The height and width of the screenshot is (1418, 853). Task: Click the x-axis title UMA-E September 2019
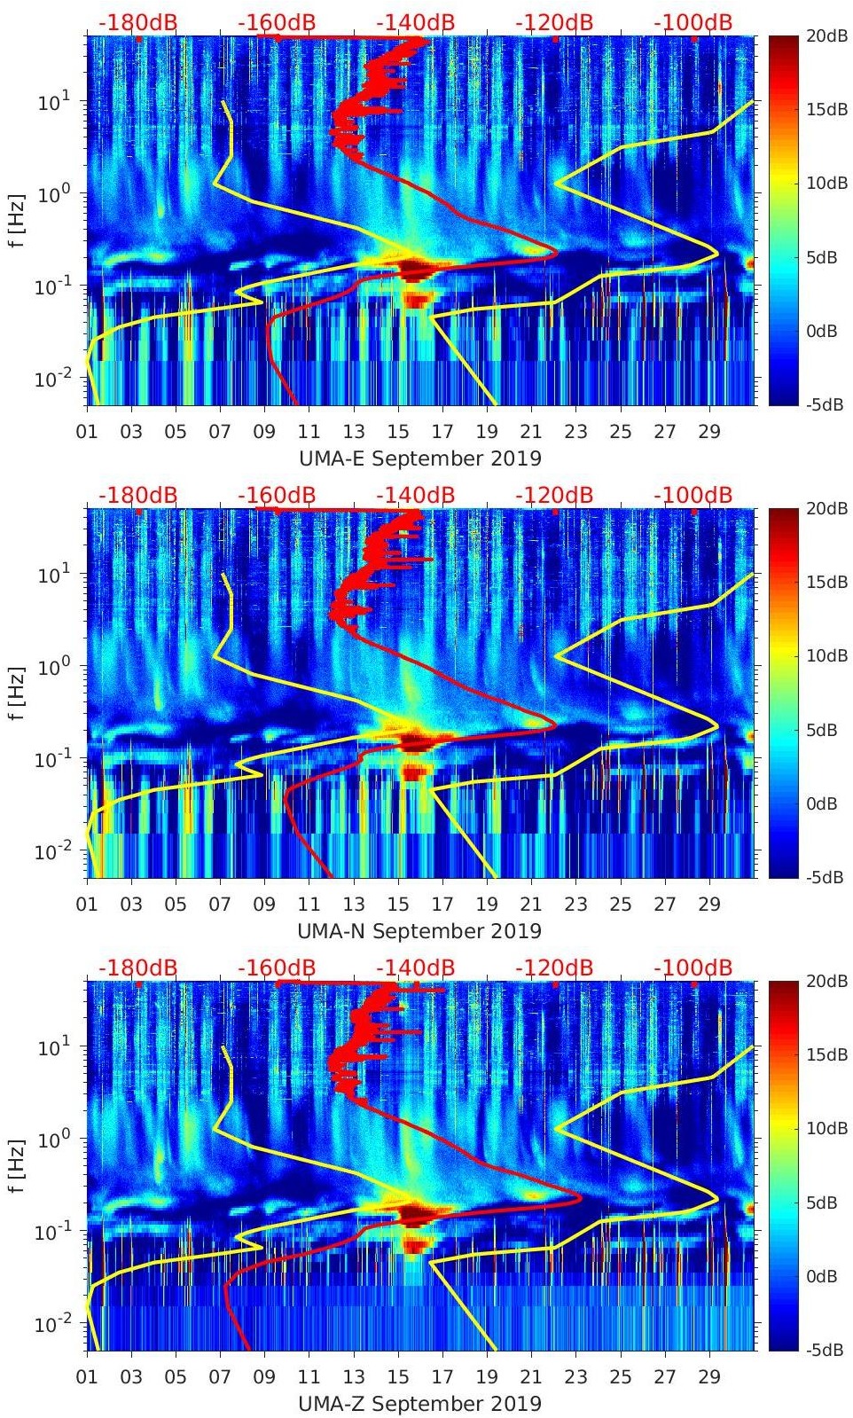click(x=419, y=458)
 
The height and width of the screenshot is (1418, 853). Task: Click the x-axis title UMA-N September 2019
click(x=419, y=931)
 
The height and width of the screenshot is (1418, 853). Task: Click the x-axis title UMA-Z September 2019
click(x=419, y=1404)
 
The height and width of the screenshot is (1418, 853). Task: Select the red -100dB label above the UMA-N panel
click(x=693, y=495)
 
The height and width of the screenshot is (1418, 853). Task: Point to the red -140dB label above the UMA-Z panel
click(x=415, y=968)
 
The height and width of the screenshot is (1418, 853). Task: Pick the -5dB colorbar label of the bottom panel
click(x=825, y=1350)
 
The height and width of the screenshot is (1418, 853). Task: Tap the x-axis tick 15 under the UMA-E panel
click(x=397, y=432)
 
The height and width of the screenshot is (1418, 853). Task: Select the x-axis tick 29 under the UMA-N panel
click(x=708, y=905)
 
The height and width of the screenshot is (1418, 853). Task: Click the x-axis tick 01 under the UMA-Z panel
click(x=87, y=1377)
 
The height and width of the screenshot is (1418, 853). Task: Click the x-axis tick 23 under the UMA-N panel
click(x=575, y=905)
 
